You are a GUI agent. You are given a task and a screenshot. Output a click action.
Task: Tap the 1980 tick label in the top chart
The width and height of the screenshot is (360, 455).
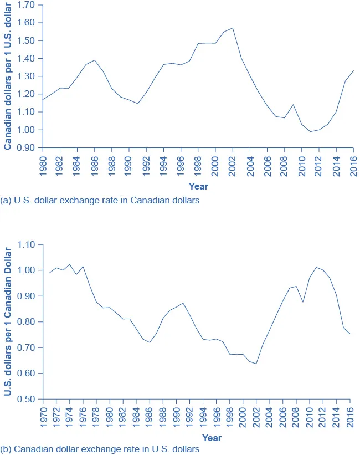(43, 165)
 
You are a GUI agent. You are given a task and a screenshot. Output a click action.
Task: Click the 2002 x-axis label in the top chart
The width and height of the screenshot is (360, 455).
(233, 165)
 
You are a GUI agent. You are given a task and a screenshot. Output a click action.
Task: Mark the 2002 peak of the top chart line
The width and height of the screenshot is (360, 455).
(233, 28)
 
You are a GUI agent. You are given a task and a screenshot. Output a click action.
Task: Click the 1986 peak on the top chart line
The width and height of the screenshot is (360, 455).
(95, 60)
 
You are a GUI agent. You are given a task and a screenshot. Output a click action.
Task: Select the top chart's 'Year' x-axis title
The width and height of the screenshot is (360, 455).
(198, 186)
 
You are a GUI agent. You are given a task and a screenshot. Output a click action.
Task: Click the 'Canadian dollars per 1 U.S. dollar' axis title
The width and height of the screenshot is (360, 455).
(8, 76)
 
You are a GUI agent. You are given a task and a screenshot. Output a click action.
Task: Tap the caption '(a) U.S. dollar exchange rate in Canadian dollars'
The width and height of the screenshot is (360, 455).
(100, 201)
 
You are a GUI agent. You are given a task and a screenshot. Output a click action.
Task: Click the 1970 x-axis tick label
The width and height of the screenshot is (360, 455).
(43, 416)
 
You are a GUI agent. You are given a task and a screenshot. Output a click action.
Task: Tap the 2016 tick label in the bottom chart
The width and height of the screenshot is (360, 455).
(351, 416)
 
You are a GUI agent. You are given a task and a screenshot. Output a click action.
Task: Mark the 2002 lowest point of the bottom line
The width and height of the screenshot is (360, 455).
(256, 364)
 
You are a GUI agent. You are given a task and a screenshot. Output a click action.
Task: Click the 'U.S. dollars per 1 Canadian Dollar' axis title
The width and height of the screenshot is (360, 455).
(8, 322)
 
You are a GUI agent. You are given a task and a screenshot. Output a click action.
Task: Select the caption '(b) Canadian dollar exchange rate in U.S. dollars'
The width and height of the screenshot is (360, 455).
(100, 449)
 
